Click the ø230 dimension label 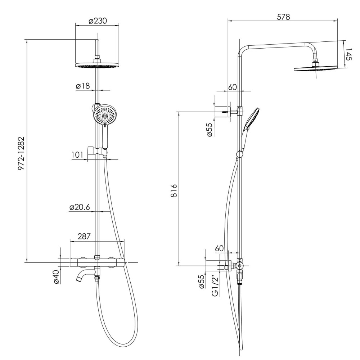98,21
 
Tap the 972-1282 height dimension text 21,154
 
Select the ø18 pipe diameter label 83,86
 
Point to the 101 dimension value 77,155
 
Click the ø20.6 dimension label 79,207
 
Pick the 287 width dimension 84,236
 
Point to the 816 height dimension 174,190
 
